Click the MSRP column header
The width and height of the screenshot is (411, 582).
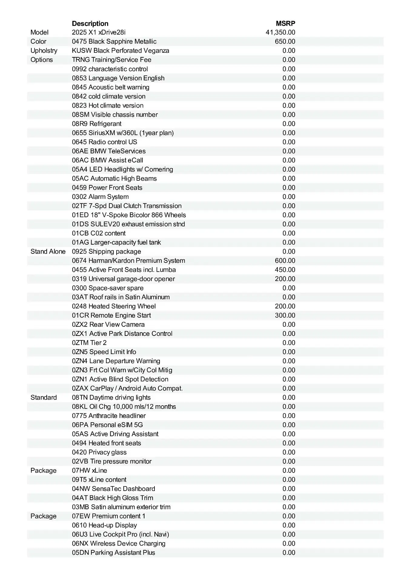coord(285,23)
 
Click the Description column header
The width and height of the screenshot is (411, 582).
coord(90,23)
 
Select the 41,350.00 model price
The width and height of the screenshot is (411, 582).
coord(280,32)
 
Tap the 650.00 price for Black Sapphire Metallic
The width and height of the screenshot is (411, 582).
coord(285,42)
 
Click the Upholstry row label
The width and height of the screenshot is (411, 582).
coord(44,51)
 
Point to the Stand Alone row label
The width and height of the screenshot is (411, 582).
coord(48,252)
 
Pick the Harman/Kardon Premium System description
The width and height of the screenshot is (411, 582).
coord(128,261)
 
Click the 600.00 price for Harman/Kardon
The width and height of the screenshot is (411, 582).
coord(285,261)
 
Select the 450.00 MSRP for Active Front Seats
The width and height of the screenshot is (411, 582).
coord(285,270)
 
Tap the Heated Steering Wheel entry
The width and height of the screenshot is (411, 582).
coord(114,306)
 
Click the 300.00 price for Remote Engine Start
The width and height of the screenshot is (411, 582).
coord(285,315)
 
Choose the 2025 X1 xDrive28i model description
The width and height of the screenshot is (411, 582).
coord(99,32)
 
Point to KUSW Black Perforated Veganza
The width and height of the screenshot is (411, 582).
coord(121,51)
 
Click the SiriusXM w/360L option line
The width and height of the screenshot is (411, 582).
coord(123,133)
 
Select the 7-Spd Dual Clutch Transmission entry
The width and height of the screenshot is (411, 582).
coord(127,206)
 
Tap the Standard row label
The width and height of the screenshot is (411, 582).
coord(44,397)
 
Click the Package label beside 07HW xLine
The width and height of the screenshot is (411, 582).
coord(43,470)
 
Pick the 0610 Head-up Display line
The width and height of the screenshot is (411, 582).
coord(104,525)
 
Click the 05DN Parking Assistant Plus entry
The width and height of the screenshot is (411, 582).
coord(113,552)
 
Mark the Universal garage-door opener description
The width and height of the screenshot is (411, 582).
coord(123,279)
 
